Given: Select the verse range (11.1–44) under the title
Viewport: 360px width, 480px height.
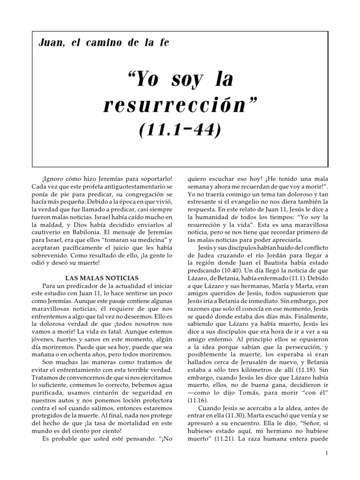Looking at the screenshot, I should (180, 130).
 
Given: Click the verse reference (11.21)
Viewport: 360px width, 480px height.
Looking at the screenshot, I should (221, 442).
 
